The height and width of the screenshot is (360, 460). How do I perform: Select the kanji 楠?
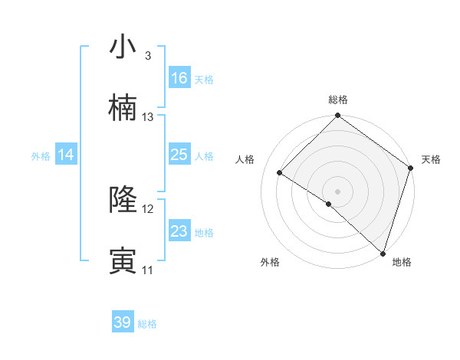pos(123,108)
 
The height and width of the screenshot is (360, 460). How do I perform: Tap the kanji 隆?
pos(123,200)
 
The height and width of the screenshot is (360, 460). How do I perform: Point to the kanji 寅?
pos(123,261)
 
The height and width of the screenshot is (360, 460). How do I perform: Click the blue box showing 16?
pos(179,78)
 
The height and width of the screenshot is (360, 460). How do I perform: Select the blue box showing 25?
pos(179,155)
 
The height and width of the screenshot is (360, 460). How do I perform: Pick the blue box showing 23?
pos(179,231)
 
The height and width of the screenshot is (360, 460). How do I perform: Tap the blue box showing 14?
pos(66,155)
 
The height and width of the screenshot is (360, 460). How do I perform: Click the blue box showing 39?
pos(123,322)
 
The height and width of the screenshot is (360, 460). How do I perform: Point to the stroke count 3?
pos(147,56)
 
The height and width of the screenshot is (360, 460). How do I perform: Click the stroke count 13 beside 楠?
pos(148,117)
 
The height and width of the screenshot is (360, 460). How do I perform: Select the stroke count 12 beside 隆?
pos(148,209)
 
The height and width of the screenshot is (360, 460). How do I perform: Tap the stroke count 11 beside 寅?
pos(148,270)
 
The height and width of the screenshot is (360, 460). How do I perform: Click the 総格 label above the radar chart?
pos(338,100)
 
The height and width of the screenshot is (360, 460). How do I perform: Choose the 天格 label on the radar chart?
pos(431,159)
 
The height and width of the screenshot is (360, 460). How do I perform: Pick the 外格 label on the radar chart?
pos(270,262)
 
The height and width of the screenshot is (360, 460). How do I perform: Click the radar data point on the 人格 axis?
pos(280,173)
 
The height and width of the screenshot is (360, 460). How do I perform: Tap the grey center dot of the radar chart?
pos(337,191)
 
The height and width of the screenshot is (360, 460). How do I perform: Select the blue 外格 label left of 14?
pos(41,155)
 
